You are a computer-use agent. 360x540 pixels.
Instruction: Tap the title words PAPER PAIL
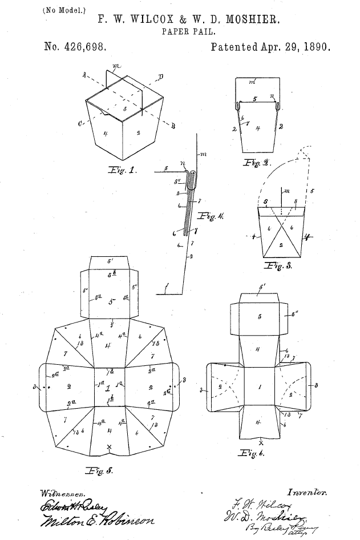[x=181, y=32]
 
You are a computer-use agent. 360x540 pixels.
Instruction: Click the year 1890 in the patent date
[x=316, y=47]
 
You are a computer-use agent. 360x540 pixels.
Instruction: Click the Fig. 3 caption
[x=278, y=266]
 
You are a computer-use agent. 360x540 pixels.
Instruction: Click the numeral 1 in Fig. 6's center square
[x=260, y=387]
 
